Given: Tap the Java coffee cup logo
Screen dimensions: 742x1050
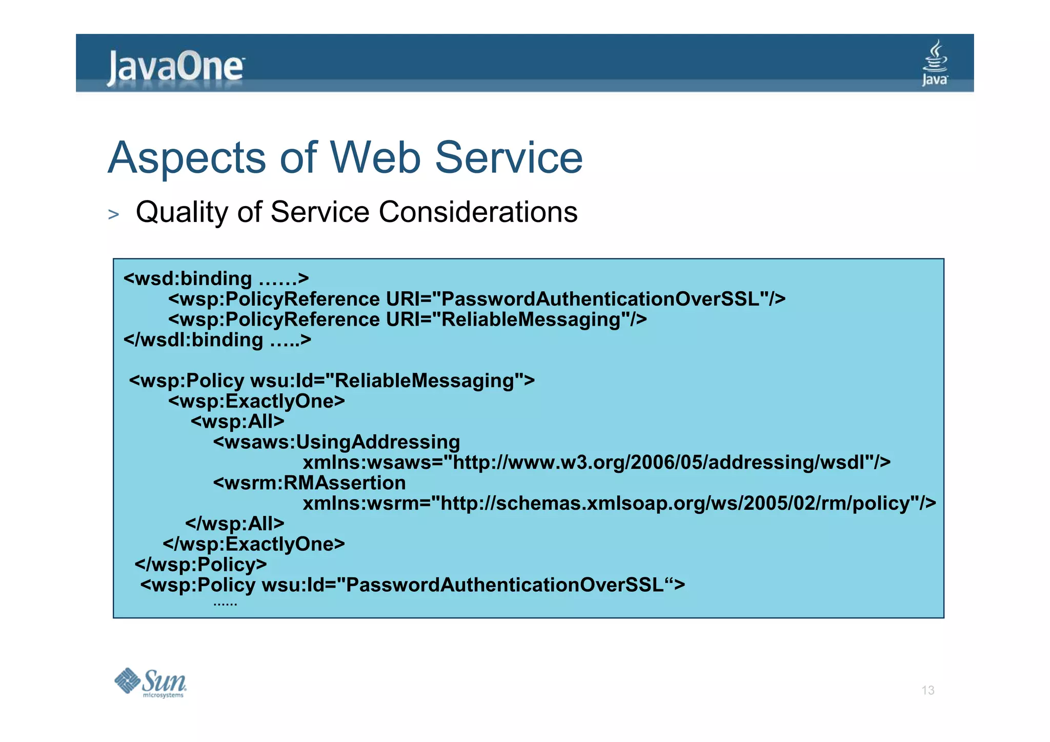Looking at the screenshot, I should click(935, 64).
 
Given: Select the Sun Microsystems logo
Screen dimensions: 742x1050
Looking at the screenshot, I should click(150, 683).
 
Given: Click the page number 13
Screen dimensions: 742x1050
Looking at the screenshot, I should click(927, 690).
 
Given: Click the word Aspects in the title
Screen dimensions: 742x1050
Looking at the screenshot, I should click(187, 158).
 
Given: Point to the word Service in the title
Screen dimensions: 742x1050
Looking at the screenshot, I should click(509, 157).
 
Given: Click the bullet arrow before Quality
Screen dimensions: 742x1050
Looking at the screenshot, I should click(113, 214).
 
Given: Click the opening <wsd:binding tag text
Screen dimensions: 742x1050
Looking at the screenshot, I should click(188, 278).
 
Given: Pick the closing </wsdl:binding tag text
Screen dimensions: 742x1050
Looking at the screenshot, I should click(193, 339).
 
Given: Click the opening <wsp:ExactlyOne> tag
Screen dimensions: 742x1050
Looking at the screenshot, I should click(256, 401).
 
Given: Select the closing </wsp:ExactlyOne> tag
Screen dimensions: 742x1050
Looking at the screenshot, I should click(254, 544).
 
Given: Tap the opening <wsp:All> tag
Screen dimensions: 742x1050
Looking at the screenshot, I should click(237, 422).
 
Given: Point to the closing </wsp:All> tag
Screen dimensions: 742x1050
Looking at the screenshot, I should click(234, 523).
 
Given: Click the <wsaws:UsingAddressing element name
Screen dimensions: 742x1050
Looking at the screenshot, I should click(336, 442).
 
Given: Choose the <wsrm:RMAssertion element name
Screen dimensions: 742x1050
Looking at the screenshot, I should click(309, 483).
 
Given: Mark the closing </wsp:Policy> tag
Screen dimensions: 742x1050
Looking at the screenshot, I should click(200, 564).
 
